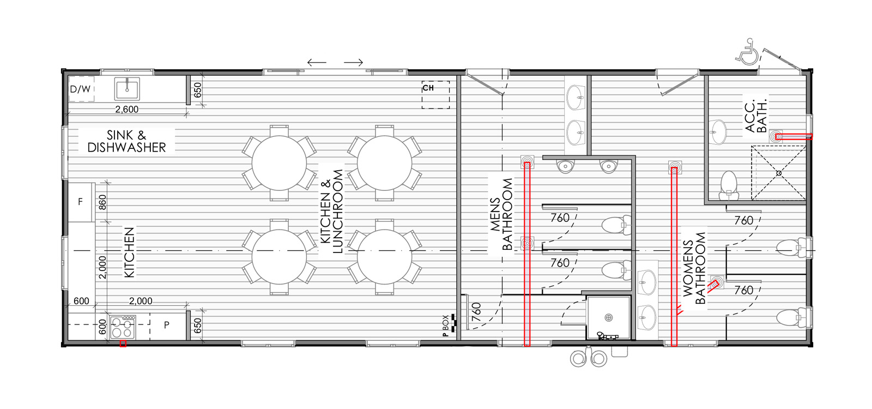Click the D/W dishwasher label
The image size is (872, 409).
[80, 89]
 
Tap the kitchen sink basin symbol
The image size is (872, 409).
[127, 89]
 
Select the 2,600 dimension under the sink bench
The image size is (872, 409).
[127, 110]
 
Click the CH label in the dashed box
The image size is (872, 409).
[428, 88]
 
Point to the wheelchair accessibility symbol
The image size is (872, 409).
[747, 52]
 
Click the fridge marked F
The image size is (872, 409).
[81, 202]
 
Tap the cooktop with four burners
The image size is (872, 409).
[123, 327]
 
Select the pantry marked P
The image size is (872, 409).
[167, 325]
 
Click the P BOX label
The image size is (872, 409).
[446, 325]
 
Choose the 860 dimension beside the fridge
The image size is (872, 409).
[102, 202]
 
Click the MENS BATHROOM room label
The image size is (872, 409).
[501, 214]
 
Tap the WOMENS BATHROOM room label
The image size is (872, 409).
[694, 268]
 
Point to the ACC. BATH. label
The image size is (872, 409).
[755, 116]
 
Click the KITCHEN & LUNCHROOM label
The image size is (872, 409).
[332, 212]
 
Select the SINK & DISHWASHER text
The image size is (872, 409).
[126, 141]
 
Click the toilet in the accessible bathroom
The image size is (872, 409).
[729, 185]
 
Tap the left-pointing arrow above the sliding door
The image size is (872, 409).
[317, 62]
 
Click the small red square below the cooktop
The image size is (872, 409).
[123, 344]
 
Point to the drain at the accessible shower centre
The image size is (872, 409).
[779, 173]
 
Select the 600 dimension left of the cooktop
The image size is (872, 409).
[102, 327]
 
